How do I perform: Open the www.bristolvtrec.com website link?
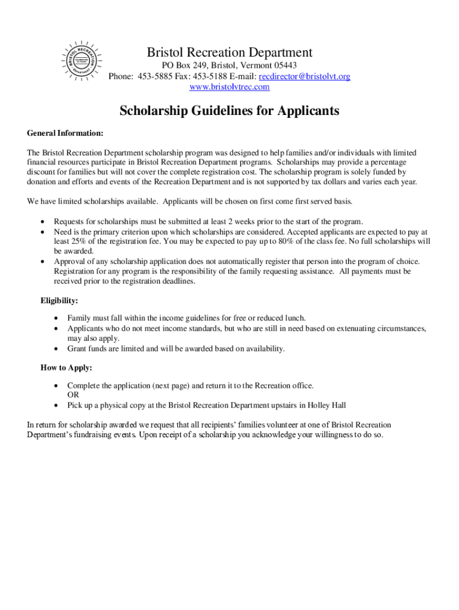click(229, 87)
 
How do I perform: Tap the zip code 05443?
click(284, 66)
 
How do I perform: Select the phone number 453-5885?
click(154, 76)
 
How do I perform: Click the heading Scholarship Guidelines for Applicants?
click(229, 111)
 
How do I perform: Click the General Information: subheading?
click(65, 132)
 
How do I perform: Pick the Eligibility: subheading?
click(60, 301)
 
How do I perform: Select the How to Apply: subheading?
click(66, 368)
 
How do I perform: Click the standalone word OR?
click(73, 395)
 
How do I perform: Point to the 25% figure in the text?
click(79, 242)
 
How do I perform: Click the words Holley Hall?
click(324, 405)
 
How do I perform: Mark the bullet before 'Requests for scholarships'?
click(43, 222)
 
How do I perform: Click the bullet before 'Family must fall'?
click(56, 319)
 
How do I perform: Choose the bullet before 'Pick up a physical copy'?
click(56, 405)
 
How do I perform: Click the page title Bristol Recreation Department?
click(229, 52)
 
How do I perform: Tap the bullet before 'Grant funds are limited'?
click(56, 348)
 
